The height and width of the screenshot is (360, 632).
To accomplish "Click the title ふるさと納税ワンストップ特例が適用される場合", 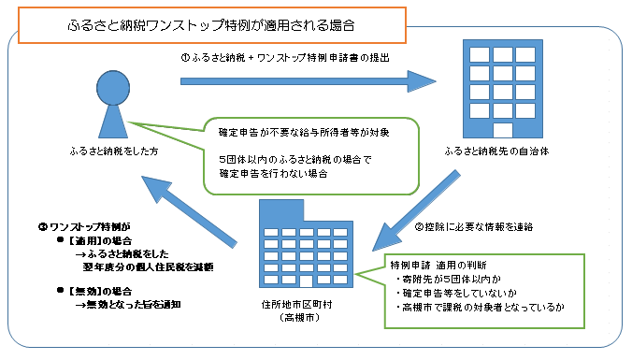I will [x=212, y=22].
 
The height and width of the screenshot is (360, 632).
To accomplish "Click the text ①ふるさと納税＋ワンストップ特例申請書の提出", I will [x=284, y=57].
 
